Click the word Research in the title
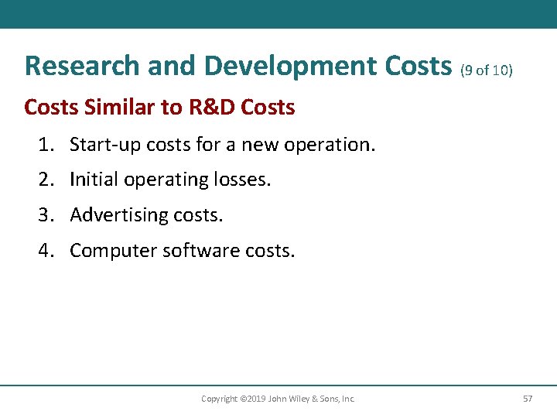click(x=76, y=67)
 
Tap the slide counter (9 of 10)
click(x=486, y=70)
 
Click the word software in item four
click(x=192, y=251)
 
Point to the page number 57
click(x=528, y=399)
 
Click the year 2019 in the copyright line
click(x=254, y=399)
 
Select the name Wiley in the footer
click(x=298, y=399)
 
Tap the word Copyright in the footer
click(x=219, y=399)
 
